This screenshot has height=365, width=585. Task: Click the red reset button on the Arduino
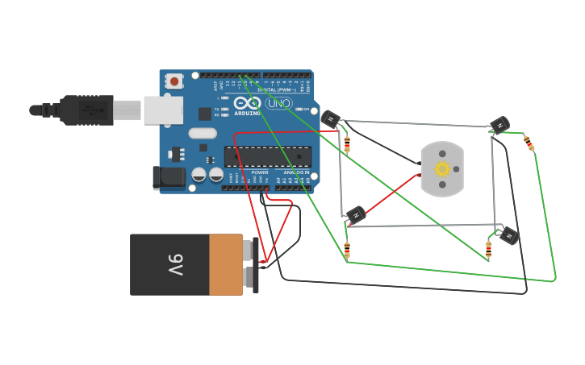point(173,81)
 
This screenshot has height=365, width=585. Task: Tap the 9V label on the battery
point(175,264)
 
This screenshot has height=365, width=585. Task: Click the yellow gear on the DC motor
point(441,169)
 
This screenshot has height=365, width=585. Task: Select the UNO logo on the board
point(278,103)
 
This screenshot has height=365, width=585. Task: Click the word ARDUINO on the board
point(247,113)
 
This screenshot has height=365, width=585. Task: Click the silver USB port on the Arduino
point(163,110)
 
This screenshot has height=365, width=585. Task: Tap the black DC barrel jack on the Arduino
point(169,177)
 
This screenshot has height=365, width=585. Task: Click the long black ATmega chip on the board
point(267,157)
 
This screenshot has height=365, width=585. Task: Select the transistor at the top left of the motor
point(331,119)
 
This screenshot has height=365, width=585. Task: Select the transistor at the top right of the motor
point(499,124)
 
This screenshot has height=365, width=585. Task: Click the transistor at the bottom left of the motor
point(355,214)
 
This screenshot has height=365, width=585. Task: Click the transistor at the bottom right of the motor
point(508,235)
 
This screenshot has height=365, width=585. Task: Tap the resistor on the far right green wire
point(529,143)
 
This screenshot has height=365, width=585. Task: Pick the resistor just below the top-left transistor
point(347,144)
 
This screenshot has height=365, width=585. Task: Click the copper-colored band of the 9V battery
point(226,264)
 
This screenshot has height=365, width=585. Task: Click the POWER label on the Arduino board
point(260,172)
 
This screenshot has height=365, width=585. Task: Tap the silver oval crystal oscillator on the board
point(203,134)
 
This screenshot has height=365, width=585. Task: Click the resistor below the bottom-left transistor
point(347,249)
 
